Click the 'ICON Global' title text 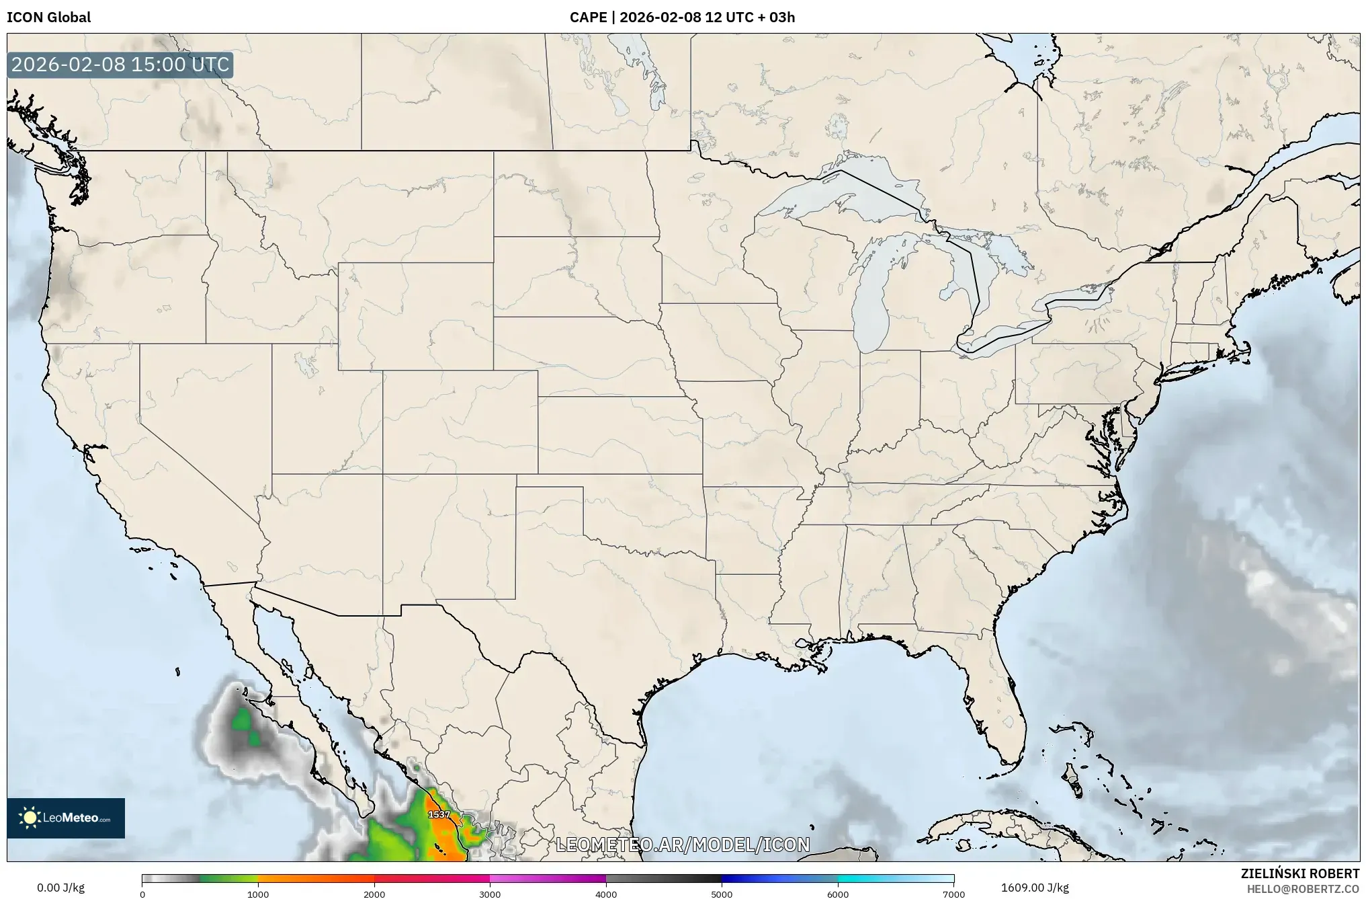point(48,17)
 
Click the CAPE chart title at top point(682,17)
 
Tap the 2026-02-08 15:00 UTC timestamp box point(120,65)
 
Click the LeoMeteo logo point(66,818)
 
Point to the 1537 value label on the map point(439,814)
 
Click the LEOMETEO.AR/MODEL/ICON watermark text point(683,845)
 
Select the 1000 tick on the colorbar point(258,894)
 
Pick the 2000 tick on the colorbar point(374,894)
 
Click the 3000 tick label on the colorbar point(490,894)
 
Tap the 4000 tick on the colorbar point(606,894)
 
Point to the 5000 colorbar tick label point(722,894)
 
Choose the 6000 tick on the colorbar point(838,894)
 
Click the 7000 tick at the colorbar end point(953,894)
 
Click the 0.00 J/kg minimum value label point(61,888)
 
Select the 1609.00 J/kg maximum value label point(1035,888)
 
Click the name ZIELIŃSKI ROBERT point(1299,873)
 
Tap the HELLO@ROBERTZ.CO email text point(1303,889)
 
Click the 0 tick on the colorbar point(142,894)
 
